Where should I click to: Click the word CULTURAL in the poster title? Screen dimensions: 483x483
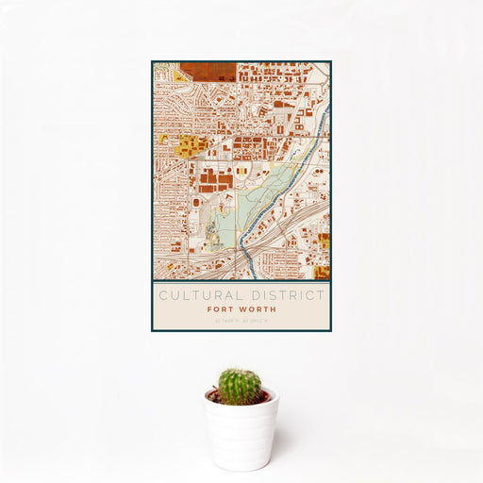(x=196, y=295)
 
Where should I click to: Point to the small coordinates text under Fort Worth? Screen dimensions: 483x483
(x=241, y=319)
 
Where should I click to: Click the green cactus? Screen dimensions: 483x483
(x=240, y=386)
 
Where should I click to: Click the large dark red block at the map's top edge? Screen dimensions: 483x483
(x=208, y=69)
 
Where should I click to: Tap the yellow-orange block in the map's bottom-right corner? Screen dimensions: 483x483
(x=322, y=272)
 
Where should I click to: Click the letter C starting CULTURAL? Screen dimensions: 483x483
(x=162, y=295)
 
